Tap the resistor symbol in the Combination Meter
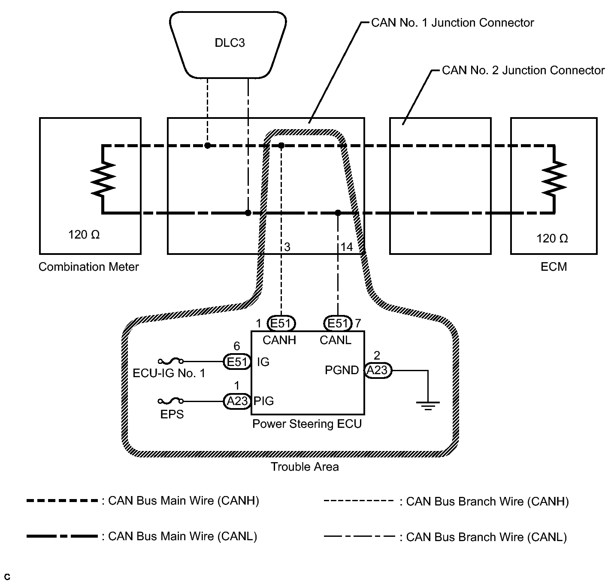coord(103,179)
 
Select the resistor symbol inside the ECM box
coord(554,179)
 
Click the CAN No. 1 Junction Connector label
coord(452,23)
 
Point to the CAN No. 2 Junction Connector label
coord(523,70)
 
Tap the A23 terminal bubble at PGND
coord(378,370)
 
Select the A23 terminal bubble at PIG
coord(237,401)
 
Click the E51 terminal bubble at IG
coord(237,362)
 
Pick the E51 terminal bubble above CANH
coord(281,323)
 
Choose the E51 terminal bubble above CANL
coord(338,323)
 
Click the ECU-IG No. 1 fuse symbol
coord(171,361)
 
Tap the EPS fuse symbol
coord(171,401)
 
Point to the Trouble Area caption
coord(305,467)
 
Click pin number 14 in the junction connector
coord(347,247)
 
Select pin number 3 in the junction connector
coord(287,247)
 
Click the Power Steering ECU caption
coord(307,424)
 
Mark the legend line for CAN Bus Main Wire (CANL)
coord(62,536)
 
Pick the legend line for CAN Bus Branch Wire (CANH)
coord(359,501)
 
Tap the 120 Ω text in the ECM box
coord(552,239)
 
